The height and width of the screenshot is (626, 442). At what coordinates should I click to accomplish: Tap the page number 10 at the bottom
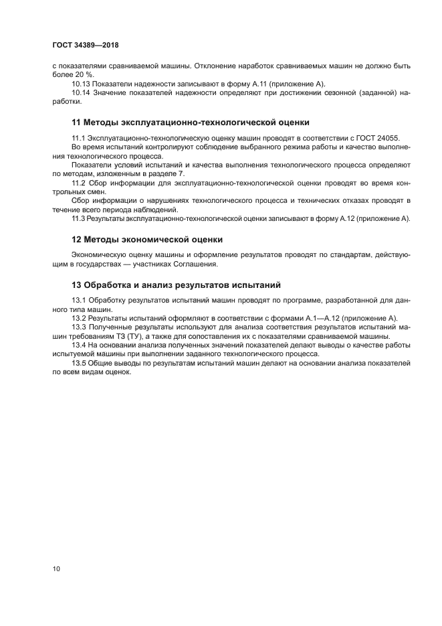pyautogui.click(x=57, y=568)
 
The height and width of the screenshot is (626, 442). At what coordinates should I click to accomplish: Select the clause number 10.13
pyautogui.click(x=80, y=84)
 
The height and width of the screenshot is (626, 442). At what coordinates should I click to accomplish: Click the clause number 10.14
pyautogui.click(x=80, y=92)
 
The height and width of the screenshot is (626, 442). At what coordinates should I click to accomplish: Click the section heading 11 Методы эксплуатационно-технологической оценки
pyautogui.click(x=190, y=122)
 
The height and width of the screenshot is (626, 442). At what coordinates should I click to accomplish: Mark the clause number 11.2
pyautogui.click(x=79, y=182)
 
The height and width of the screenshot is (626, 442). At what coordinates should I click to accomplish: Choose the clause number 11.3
pyautogui.click(x=79, y=218)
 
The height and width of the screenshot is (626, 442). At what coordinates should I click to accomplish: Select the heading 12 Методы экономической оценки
pyautogui.click(x=146, y=239)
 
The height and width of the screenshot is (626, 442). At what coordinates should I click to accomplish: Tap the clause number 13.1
pyautogui.click(x=79, y=300)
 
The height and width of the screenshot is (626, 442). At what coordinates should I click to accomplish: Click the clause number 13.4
pyautogui.click(x=79, y=345)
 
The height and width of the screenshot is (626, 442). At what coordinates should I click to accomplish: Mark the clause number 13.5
pyautogui.click(x=79, y=363)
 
